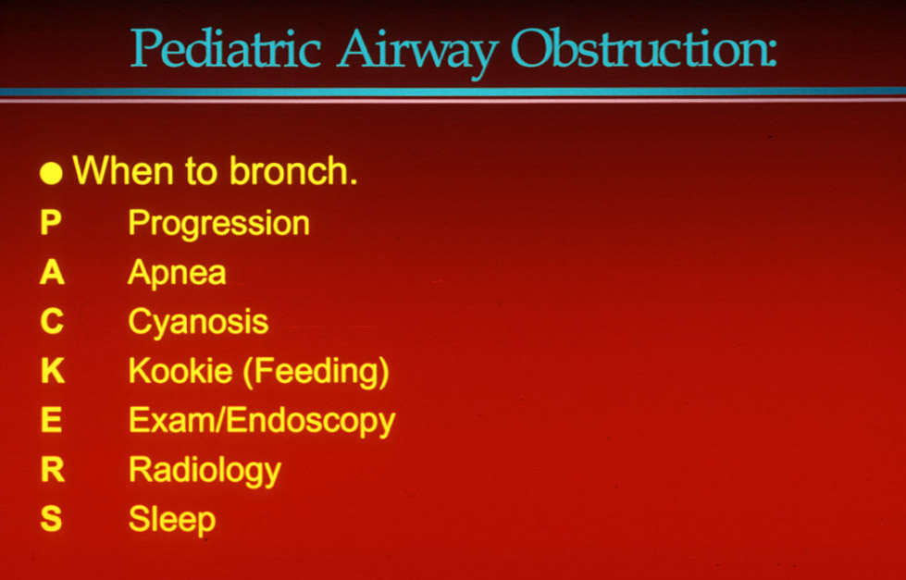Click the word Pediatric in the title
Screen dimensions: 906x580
click(x=226, y=47)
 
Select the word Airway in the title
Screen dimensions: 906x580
click(x=417, y=52)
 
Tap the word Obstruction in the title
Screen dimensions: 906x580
click(x=643, y=47)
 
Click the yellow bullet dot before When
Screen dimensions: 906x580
click(x=51, y=173)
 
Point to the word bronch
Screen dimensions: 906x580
click(x=293, y=170)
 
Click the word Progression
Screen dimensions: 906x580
click(x=219, y=224)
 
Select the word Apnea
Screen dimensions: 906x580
click(x=177, y=272)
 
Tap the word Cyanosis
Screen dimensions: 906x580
click(x=198, y=322)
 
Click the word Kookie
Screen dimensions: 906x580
click(x=180, y=370)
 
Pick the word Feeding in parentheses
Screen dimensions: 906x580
click(x=316, y=372)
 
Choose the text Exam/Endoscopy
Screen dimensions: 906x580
click(x=262, y=421)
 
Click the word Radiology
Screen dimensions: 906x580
click(x=205, y=471)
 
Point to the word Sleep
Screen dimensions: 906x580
click(x=171, y=520)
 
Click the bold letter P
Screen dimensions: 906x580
click(x=51, y=222)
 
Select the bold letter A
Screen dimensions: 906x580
click(x=52, y=272)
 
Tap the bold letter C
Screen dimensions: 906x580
click(x=52, y=321)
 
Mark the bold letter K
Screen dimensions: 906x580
click(x=53, y=370)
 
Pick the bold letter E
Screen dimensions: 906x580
click(x=52, y=419)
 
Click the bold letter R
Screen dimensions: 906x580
click(x=53, y=469)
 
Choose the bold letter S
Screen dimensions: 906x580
click(x=51, y=518)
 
